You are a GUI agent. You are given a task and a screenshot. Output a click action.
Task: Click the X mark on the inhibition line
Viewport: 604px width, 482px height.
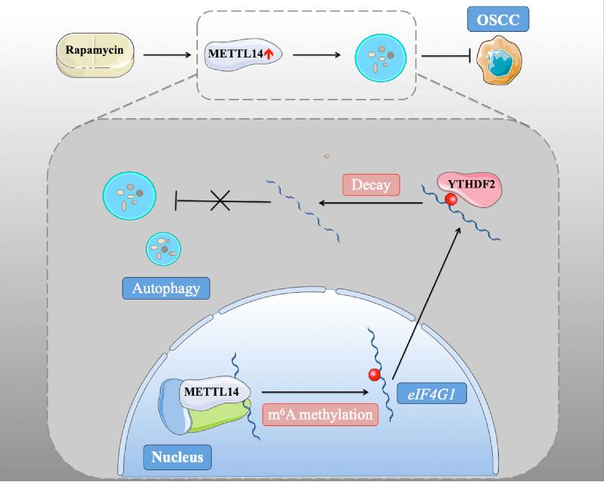(221, 201)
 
